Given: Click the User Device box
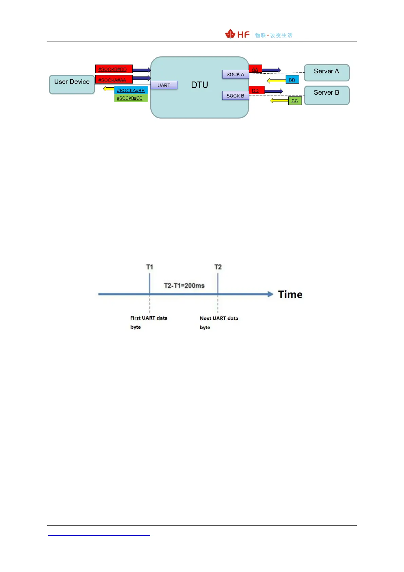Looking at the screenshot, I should point(72,85).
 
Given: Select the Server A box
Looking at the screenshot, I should point(326,73).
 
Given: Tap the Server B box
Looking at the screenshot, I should point(326,95).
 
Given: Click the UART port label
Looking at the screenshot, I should point(164,85).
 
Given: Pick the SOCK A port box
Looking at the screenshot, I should point(235,74).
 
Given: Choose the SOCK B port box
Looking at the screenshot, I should point(235,96).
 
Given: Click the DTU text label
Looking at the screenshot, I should point(199,85).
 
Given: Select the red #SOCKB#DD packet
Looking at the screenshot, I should point(114,69).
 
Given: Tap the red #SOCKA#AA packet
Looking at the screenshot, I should point(114,80).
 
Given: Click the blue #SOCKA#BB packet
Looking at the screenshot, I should point(131,90).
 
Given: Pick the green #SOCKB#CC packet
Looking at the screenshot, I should point(131,98).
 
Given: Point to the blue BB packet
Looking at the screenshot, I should point(292,80).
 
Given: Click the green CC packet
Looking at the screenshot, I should point(295,101).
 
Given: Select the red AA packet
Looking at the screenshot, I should point(255,69).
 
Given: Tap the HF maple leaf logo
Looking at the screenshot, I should point(230,34).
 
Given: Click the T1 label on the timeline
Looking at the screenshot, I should point(150,267).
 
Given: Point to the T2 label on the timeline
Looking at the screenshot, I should point(218,267).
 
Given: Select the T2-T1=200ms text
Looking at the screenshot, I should point(184,286).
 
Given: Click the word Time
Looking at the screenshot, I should point(290,294).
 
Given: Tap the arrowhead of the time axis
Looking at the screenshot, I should point(270,294).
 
